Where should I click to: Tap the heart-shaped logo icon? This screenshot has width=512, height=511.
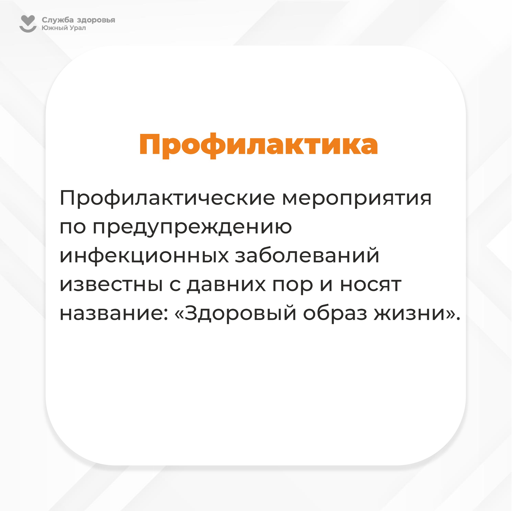click(28, 24)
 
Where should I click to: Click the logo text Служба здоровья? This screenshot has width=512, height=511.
click(78, 20)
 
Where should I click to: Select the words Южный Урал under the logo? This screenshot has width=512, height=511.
click(64, 28)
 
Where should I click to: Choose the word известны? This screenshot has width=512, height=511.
click(111, 285)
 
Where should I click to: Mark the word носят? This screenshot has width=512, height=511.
click(371, 285)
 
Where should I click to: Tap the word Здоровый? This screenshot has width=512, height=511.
click(240, 313)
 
